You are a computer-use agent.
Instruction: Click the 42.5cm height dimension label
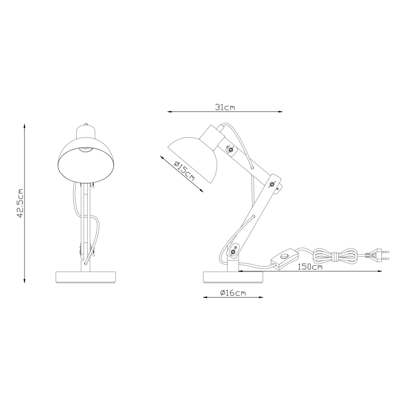[21, 203]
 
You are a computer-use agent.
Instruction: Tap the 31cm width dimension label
[225, 107]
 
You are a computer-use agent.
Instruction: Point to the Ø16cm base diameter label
[233, 293]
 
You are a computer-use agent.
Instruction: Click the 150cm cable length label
[309, 267]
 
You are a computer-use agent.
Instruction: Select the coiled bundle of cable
[335, 256]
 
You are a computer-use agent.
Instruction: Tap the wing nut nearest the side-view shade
[230, 149]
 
